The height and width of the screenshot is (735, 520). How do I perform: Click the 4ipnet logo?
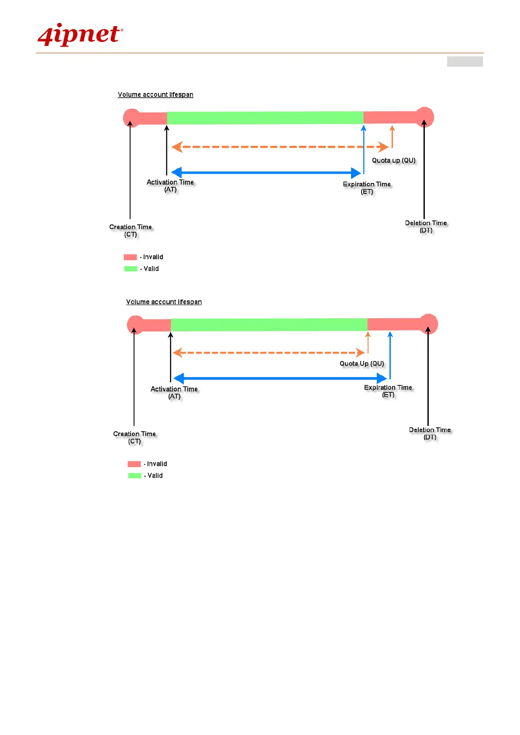click(80, 35)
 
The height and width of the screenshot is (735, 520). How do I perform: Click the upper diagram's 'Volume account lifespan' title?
click(155, 95)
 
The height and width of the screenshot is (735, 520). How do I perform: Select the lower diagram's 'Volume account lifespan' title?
click(164, 302)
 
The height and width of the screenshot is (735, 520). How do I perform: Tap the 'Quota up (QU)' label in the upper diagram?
click(393, 161)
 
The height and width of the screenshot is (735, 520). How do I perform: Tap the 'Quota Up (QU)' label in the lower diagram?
click(362, 364)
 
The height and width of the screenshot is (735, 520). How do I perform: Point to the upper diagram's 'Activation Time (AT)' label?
click(170, 185)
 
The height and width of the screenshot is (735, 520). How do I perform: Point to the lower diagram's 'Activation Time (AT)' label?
click(174, 392)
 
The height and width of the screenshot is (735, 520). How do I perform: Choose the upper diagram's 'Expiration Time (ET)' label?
click(367, 188)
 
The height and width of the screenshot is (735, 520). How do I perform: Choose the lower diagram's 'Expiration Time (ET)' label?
click(388, 391)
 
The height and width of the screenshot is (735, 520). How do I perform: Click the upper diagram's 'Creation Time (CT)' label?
click(131, 230)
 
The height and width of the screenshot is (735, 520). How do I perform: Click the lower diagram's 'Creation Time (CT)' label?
click(134, 437)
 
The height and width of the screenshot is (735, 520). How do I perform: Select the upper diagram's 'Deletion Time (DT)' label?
click(426, 227)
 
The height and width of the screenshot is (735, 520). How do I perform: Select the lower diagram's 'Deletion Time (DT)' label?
click(430, 433)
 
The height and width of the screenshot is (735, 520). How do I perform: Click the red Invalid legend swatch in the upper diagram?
click(130, 257)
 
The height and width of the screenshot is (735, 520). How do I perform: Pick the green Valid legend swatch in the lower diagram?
click(134, 476)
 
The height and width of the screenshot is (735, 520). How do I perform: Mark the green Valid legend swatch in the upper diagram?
click(131, 269)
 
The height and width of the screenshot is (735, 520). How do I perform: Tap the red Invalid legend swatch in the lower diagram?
click(134, 464)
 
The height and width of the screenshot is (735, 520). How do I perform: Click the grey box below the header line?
click(465, 62)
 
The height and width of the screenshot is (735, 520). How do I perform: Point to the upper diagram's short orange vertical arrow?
click(392, 137)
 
